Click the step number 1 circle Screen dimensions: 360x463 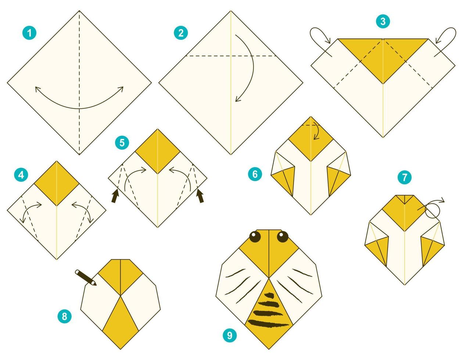29,33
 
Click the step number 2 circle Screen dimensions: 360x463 180,33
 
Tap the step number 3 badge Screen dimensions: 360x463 383,21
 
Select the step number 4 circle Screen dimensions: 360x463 21,175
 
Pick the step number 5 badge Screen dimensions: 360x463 122,143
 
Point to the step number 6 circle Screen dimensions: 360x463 255,174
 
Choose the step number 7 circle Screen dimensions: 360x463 404,177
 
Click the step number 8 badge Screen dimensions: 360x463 65,316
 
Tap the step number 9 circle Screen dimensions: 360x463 230,335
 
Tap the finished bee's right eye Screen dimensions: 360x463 282,237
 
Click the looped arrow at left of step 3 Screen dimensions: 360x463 320,39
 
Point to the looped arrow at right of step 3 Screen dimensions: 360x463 445,39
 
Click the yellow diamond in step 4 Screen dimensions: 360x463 57,183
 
